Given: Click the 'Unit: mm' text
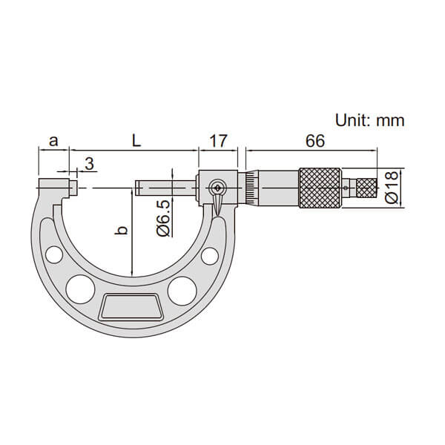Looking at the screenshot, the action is (x=370, y=120).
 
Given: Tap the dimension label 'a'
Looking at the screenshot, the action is (x=53, y=141).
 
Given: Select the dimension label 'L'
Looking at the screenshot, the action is (x=136, y=140).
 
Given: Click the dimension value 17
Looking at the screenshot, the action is (x=218, y=141).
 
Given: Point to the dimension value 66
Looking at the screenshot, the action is (x=314, y=141).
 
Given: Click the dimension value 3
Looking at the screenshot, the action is (x=90, y=164).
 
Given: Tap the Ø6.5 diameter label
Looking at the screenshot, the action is (x=163, y=218).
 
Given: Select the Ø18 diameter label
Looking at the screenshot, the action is (x=392, y=188).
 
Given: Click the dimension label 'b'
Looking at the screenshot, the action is (x=122, y=231).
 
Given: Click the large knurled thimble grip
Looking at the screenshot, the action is (x=320, y=188).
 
